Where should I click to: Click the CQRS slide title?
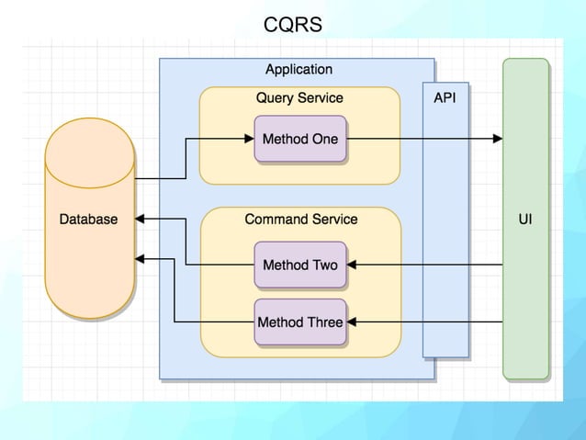tap(292, 25)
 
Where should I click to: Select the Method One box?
tap(299, 140)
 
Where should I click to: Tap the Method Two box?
tap(299, 265)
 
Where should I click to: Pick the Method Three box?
tap(299, 322)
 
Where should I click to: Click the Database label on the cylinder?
tap(88, 220)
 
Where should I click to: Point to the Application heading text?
tap(299, 70)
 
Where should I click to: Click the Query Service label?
tap(299, 98)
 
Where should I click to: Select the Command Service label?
tap(300, 220)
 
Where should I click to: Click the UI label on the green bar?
tap(525, 220)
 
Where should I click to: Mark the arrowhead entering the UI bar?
tap(498, 140)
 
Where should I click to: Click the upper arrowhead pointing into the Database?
tap(141, 220)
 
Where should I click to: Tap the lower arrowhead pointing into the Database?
tap(141, 260)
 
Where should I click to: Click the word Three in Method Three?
tap(323, 322)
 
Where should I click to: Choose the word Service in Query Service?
tap(322, 98)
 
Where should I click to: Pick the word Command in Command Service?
tap(276, 220)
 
